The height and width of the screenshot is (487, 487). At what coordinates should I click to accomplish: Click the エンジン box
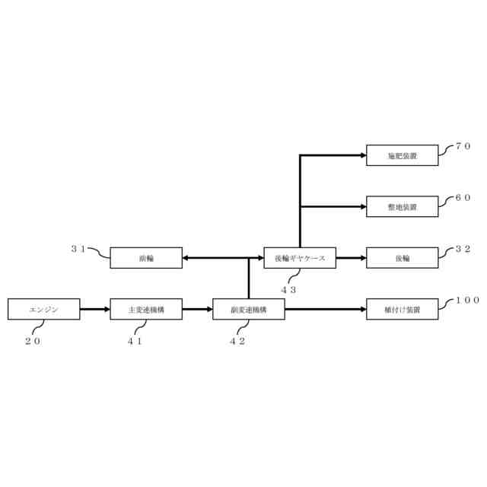pos(43,309)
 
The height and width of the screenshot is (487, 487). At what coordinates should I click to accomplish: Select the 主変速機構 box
pos(146,309)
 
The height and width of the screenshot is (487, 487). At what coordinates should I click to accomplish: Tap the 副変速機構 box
pos(249,309)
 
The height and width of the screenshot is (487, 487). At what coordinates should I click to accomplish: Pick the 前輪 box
pos(146,258)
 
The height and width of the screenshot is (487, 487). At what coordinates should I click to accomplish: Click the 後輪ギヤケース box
pos(300,258)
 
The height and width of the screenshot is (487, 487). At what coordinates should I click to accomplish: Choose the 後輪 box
pos(403,258)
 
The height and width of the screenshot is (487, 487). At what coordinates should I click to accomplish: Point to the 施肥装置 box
pos(403,155)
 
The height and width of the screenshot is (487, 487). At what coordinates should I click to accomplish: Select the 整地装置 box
pos(403,206)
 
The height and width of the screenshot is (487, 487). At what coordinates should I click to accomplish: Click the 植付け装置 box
pos(403,309)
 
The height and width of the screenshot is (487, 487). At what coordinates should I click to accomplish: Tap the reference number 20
pos(33,341)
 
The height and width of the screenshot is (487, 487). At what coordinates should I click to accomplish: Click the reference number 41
pos(135,341)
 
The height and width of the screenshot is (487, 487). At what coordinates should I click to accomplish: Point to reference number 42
pos(237,341)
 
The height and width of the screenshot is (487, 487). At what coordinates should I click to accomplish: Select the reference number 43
pos(288,290)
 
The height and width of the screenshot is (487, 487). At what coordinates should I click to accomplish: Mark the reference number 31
pos(78,249)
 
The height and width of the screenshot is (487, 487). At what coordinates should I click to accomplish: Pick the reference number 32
pos(463,249)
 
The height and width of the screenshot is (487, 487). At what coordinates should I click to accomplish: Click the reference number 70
pos(463,146)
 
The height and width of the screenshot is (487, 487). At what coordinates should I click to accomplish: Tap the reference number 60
pos(463,197)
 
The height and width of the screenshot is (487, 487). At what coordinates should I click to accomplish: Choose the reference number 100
pos(467,300)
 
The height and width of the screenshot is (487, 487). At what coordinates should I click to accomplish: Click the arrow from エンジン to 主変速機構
pos(94,309)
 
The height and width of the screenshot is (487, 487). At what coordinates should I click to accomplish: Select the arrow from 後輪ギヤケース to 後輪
pos(351,258)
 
